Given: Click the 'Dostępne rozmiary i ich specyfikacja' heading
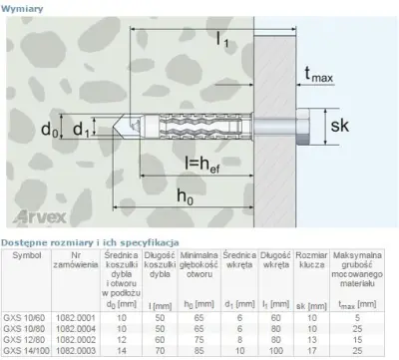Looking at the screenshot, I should point(89,242).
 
